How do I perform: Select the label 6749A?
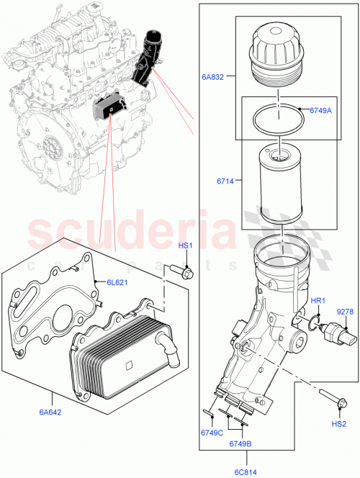[320, 110]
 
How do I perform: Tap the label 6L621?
[117, 282]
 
